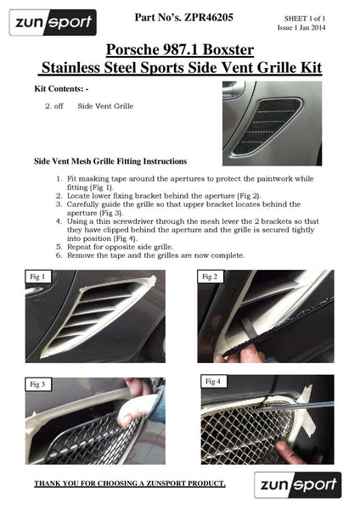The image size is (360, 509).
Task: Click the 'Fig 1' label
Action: tap(38, 277)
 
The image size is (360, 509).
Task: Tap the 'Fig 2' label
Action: tap(210, 277)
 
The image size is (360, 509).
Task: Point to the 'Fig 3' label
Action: tap(39, 384)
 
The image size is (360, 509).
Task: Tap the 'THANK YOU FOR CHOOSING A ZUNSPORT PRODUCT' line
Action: tap(129, 484)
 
